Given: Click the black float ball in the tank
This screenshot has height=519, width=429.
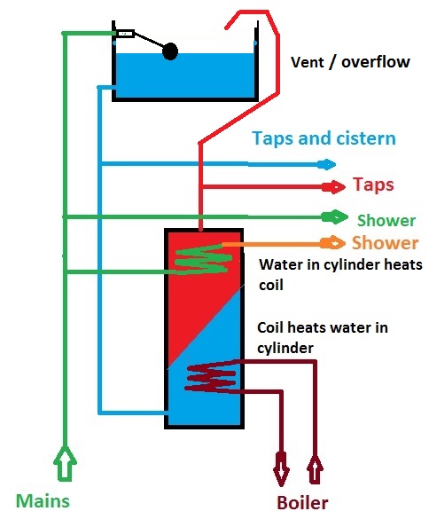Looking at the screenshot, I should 170,51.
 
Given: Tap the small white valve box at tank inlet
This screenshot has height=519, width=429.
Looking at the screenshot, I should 125,35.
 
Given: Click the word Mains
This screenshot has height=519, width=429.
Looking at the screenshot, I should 42,500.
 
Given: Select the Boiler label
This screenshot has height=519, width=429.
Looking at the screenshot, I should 302,502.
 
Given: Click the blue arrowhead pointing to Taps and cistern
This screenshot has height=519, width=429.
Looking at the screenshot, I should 328,164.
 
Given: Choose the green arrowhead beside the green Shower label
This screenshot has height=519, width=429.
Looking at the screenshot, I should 338,216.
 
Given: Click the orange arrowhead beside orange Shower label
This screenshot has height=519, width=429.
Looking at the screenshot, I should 336,242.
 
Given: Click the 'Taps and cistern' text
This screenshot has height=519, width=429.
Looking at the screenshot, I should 324,139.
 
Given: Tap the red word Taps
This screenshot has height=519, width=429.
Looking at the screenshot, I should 373,185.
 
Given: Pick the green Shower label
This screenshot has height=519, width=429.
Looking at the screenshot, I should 386,220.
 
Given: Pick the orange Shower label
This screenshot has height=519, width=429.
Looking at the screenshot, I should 385,242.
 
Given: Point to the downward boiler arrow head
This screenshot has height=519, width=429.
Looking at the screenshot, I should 282,468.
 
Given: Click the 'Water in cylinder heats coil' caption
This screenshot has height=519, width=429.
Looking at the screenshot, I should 340,273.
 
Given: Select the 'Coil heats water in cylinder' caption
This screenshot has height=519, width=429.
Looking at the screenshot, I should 323,337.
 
